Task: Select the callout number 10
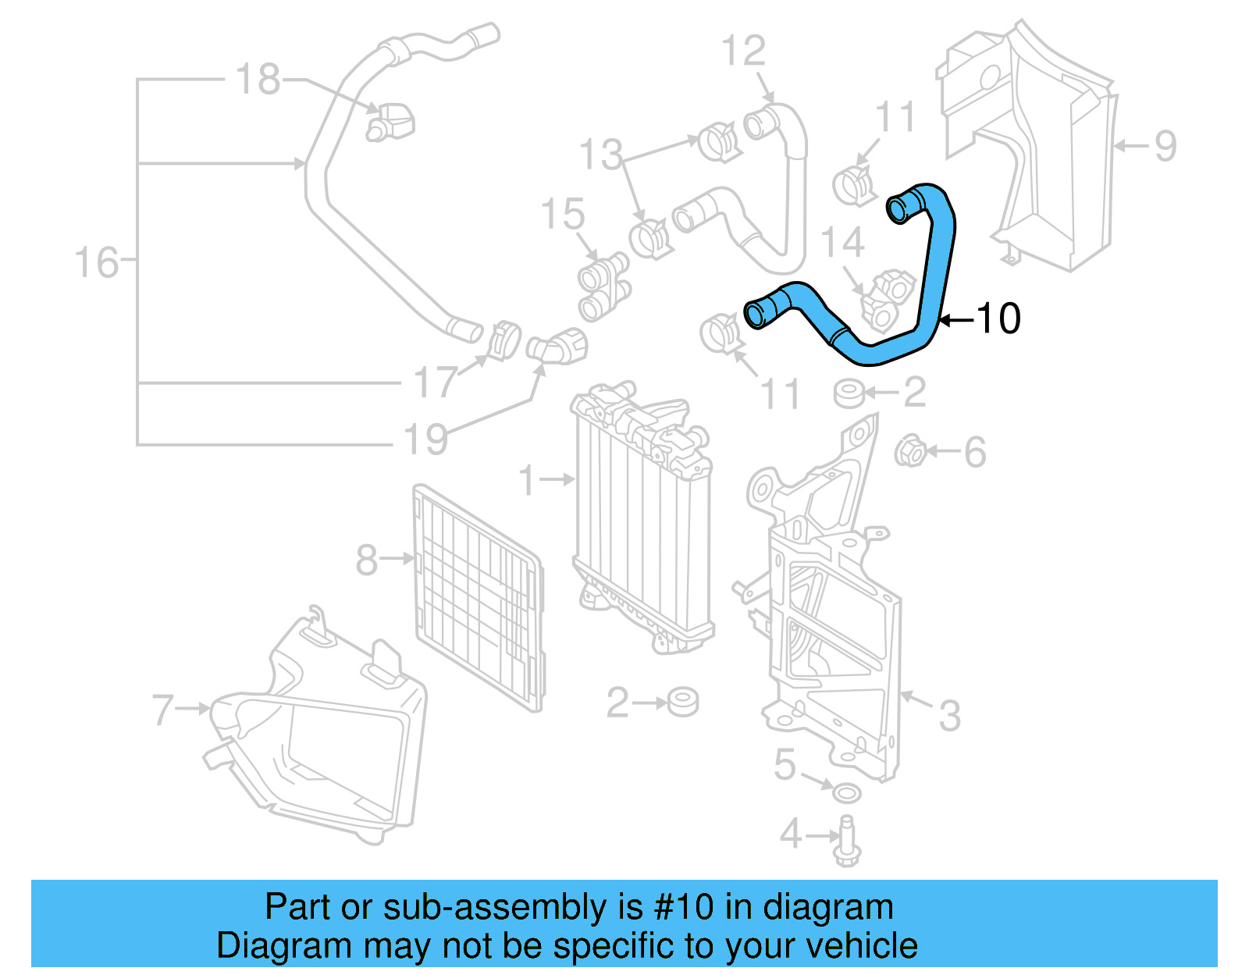pos(998,318)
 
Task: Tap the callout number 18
pos(258,80)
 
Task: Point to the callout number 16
pos(96,262)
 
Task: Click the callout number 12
pos(743,52)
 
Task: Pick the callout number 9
pos(1165,146)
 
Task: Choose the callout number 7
pos(162,710)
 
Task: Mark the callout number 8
pos(366,560)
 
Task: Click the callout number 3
pos(949,715)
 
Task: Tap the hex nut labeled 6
pos(909,451)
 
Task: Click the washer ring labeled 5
pos(847,793)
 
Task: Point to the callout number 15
pos(562,214)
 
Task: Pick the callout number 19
pos(426,439)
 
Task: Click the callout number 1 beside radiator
pos(528,480)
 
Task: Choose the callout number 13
pos(600,155)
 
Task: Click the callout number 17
pos(435,382)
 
